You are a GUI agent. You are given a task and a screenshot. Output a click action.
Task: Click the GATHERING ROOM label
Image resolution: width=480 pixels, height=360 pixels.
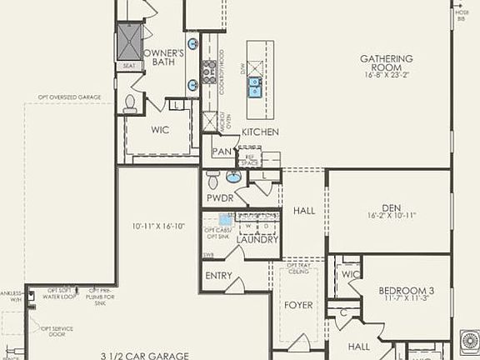tap(387, 58)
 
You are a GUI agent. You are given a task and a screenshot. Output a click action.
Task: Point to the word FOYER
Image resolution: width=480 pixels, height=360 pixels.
tap(298, 306)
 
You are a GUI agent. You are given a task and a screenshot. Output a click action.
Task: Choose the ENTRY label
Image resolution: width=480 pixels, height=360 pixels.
tap(218, 275)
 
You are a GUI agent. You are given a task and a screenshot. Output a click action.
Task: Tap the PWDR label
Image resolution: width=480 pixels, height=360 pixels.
tap(218, 200)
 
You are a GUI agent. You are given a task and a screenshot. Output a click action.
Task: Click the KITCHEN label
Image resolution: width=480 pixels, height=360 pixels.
tap(260, 132)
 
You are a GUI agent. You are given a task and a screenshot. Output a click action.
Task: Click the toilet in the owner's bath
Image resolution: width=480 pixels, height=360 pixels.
tap(130, 104)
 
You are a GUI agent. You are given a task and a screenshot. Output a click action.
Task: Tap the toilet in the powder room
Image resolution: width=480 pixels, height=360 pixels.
tap(212, 179)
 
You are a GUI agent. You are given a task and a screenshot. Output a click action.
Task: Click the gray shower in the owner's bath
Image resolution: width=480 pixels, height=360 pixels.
tap(130, 37)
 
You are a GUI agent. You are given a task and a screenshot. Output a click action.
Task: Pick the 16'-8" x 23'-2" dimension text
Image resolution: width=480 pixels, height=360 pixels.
tap(387, 73)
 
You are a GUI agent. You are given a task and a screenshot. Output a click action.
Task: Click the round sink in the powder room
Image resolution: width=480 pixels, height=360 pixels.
tap(233, 177)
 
